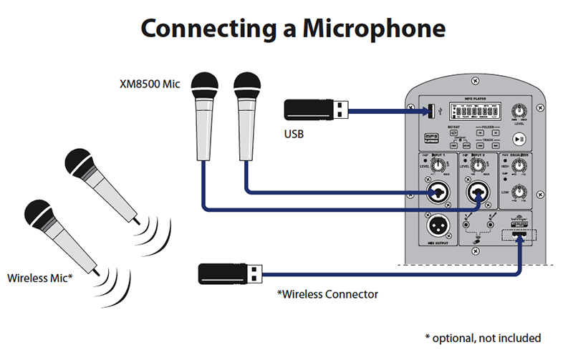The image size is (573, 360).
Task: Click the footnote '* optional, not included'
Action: [483, 337]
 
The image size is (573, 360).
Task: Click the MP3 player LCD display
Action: [476, 112]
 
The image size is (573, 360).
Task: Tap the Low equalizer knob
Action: [521, 192]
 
